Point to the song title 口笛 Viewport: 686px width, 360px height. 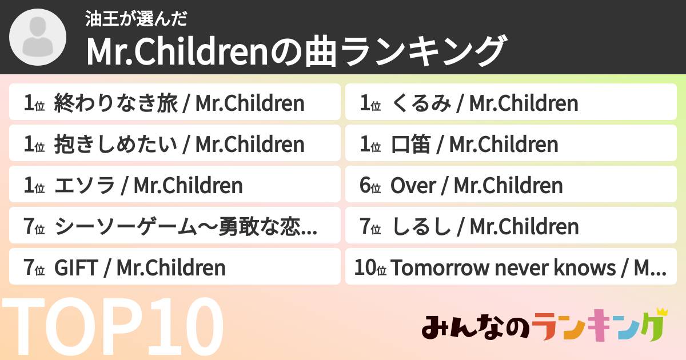point(410,145)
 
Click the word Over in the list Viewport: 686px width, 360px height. point(413,186)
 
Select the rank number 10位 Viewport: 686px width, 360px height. point(370,268)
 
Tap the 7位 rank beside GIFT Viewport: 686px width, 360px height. point(34,268)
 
